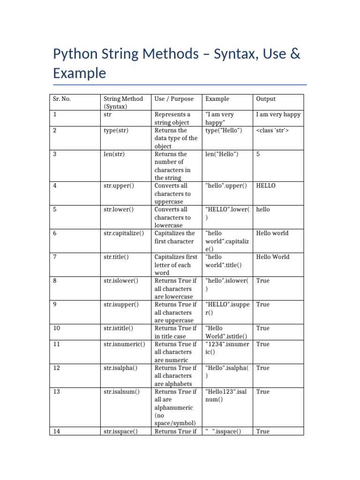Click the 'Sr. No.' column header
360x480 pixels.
pyautogui.click(x=62, y=99)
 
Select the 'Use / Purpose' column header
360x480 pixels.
pyautogui.click(x=174, y=99)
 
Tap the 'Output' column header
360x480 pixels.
pyautogui.click(x=266, y=99)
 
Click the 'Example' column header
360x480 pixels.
pyautogui.click(x=217, y=99)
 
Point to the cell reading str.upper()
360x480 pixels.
pyautogui.click(x=119, y=186)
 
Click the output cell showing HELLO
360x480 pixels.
pyautogui.click(x=266, y=186)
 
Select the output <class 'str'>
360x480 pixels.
pyautogui.click(x=273, y=130)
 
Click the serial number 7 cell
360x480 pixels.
pyautogui.click(x=55, y=257)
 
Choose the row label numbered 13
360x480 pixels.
pyautogui.click(x=57, y=391)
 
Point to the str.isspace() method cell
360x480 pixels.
pyautogui.click(x=120, y=431)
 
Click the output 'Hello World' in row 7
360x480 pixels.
pyautogui.click(x=273, y=257)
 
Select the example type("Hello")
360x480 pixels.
pyautogui.click(x=224, y=130)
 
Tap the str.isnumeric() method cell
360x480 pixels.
pyautogui.click(x=124, y=344)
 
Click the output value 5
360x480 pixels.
pyautogui.click(x=258, y=154)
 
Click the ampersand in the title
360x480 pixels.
pyautogui.click(x=295, y=54)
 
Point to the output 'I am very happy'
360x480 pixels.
pyautogui.click(x=278, y=114)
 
